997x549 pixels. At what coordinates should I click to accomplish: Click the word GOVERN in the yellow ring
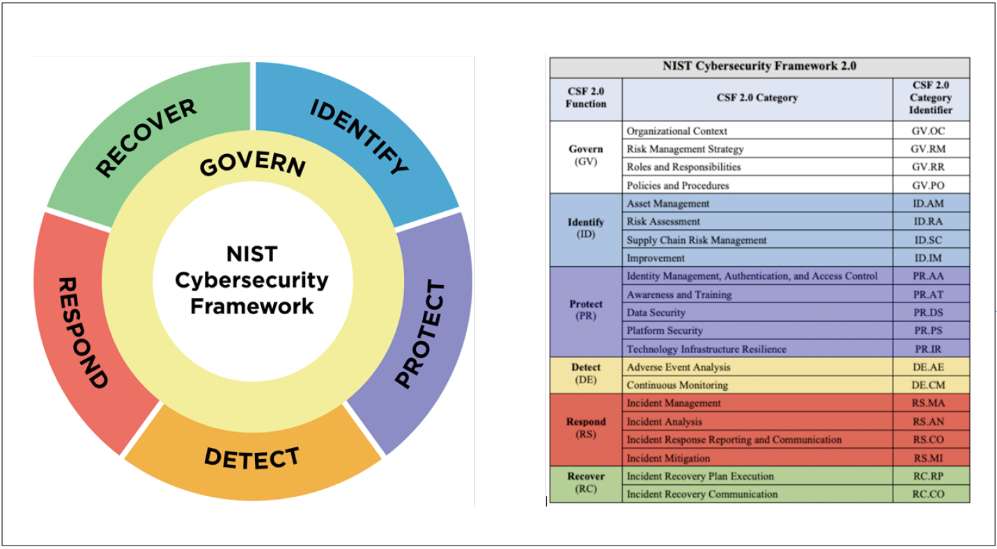click(252, 166)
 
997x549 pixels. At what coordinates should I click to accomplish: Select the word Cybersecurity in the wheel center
click(252, 280)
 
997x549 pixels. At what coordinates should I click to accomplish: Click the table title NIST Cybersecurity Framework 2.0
click(759, 67)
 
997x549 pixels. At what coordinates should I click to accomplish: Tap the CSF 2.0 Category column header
click(757, 98)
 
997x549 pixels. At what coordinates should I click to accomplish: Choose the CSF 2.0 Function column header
click(585, 98)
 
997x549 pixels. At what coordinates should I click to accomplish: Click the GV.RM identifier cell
click(930, 149)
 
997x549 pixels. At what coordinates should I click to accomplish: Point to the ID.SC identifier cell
click(930, 240)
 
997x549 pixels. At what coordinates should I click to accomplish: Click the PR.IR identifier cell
click(930, 349)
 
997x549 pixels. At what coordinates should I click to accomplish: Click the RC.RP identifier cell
click(930, 477)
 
